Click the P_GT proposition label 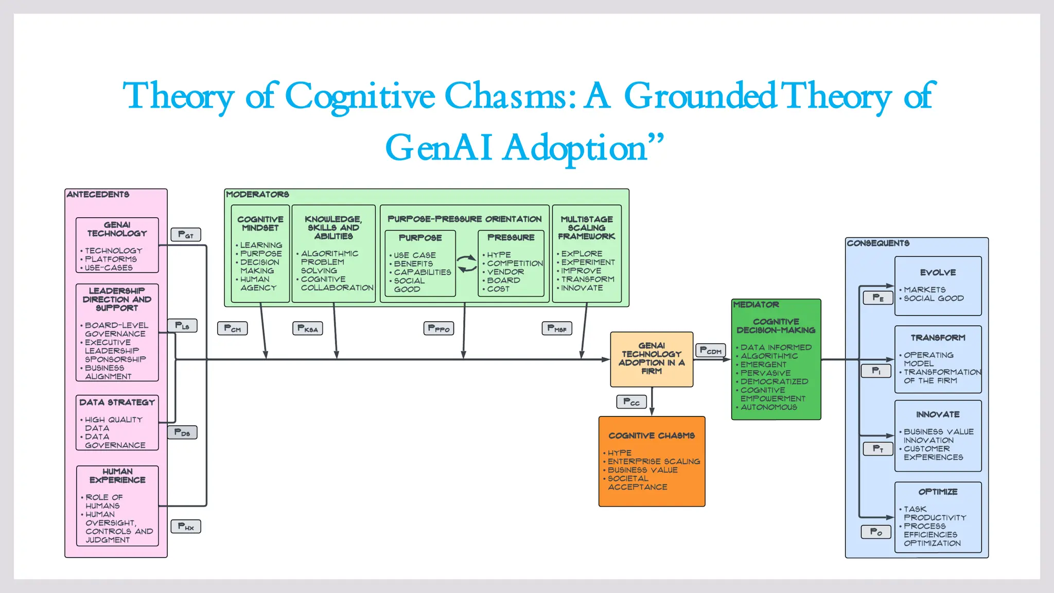point(186,235)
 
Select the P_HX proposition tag point(186,527)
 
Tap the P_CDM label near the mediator point(710,351)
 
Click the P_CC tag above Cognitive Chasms point(631,402)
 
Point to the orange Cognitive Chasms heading point(652,435)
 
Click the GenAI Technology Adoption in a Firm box point(652,359)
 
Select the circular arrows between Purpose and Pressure point(467,264)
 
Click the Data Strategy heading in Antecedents point(117,402)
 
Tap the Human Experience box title point(117,476)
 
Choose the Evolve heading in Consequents point(938,272)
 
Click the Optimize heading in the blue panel point(938,492)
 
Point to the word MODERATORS point(257,194)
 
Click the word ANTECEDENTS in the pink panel point(98,194)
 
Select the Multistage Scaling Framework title point(587,228)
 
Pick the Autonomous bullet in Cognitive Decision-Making point(768,407)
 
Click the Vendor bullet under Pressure point(505,272)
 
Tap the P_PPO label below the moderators point(438,328)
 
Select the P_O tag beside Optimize point(876,532)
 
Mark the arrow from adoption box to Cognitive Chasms point(652,402)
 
